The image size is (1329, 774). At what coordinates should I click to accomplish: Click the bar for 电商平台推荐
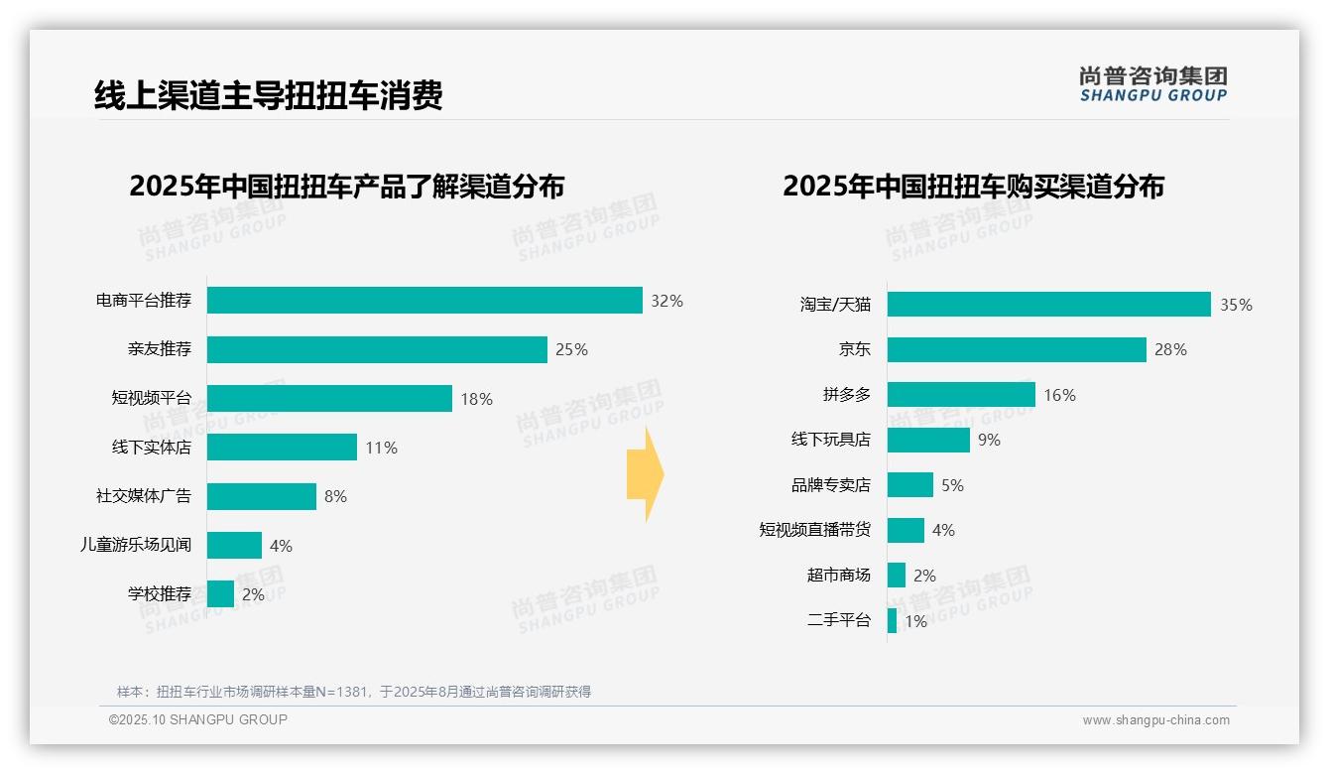pos(424,301)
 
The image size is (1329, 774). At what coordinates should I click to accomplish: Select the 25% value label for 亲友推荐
pos(571,349)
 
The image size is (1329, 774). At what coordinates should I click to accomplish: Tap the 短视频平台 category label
pos(151,399)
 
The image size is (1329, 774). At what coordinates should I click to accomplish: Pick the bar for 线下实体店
pos(282,448)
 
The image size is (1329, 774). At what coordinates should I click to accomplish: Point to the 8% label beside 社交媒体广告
pos(335,496)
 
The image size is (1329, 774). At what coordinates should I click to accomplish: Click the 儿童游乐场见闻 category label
pos(136,545)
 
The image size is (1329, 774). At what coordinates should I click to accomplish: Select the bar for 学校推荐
pos(220,594)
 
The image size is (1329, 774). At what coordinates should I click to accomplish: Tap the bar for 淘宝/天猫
pos(1048,305)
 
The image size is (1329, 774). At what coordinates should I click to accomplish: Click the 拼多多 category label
pos(846,395)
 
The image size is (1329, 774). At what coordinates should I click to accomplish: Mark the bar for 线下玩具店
pos(928,440)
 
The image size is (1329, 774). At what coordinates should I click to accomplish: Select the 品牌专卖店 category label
pos(830,485)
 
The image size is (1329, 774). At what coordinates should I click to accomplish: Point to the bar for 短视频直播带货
pos(906,530)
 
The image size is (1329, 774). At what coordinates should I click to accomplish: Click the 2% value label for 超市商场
pos(924,576)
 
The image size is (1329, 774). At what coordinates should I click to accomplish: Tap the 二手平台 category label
pos(838,621)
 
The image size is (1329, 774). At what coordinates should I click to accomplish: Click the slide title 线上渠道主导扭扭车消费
pos(268,95)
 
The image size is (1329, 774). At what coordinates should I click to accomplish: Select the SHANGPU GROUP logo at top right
pos(1152,84)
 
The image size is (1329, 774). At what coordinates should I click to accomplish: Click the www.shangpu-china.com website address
pos(1155,720)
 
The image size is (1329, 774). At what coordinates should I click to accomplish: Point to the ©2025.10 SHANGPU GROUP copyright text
pos(198,719)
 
